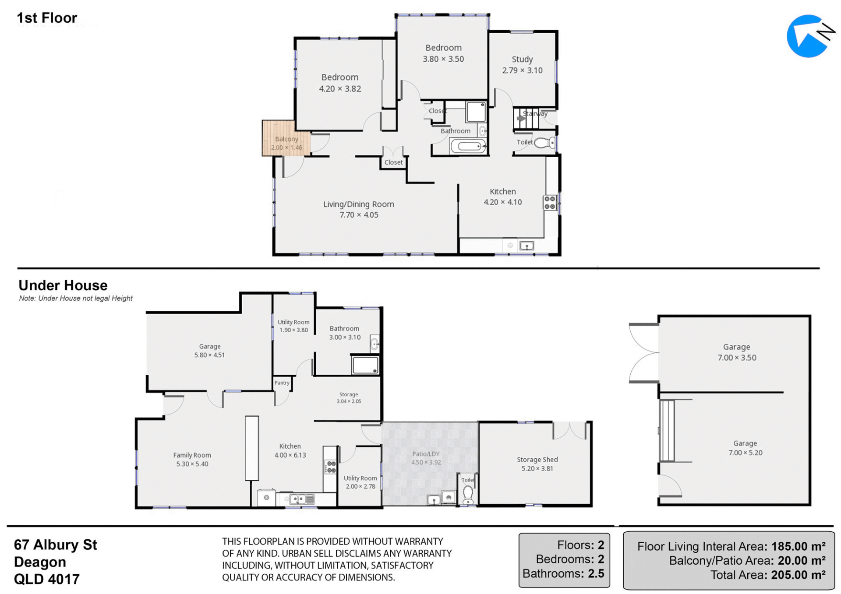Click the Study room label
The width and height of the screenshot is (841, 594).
(522, 59)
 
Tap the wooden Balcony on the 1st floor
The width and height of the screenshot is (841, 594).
(286, 138)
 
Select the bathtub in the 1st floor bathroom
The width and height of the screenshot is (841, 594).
(468, 146)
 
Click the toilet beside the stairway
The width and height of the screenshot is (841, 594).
(545, 143)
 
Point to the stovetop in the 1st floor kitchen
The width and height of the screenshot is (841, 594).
(550, 203)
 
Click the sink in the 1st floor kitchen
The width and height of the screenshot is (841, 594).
(527, 246)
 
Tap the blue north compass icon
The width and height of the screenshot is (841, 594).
(809, 36)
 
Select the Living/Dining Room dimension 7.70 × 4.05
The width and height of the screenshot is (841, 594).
(359, 215)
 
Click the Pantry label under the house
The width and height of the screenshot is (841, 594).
(282, 383)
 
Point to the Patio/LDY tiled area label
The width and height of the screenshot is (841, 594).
(425, 454)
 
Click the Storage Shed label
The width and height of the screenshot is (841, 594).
(537, 460)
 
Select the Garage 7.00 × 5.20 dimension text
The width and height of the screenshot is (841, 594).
(745, 453)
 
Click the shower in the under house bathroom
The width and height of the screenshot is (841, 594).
(365, 365)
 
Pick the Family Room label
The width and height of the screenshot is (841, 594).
(192, 455)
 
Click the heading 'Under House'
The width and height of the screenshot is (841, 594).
(63, 285)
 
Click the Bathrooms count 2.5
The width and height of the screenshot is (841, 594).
(596, 573)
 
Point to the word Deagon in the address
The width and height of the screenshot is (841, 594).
(40, 562)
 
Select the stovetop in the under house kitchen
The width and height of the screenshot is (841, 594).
(330, 467)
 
